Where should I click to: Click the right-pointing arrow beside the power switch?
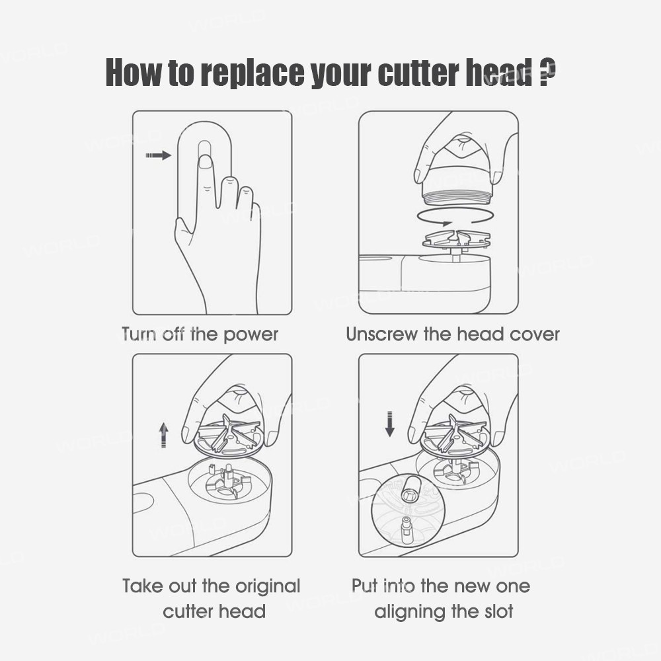click(x=159, y=155)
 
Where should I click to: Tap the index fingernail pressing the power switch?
click(x=206, y=163)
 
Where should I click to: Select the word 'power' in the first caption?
click(x=251, y=335)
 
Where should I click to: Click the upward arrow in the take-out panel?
click(x=163, y=436)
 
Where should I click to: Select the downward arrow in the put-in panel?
click(x=390, y=424)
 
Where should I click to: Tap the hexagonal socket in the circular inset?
click(x=409, y=492)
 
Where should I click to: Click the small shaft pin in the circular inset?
click(x=407, y=527)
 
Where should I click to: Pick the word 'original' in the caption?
click(x=268, y=587)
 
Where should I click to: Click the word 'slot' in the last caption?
click(x=498, y=611)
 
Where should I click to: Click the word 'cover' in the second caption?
click(x=535, y=334)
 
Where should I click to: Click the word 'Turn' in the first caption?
click(x=139, y=334)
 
